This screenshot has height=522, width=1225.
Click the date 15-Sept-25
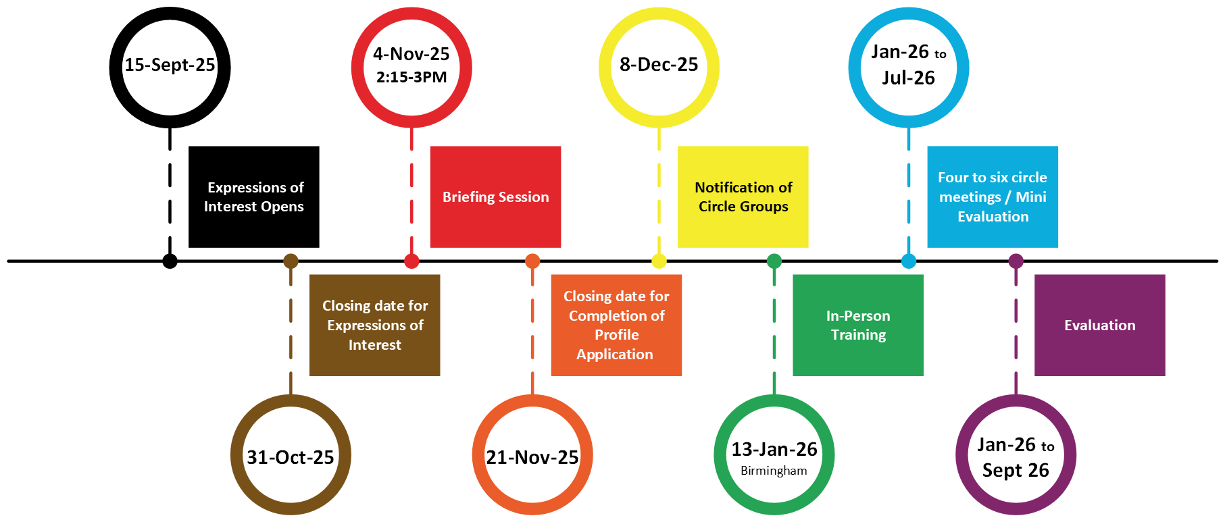(x=170, y=65)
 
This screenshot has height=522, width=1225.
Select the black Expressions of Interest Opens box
(x=253, y=197)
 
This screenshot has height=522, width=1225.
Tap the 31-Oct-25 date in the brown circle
(x=291, y=457)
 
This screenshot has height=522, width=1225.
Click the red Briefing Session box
(x=495, y=197)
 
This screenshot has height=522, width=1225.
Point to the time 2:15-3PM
(x=411, y=77)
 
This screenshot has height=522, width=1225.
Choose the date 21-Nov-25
(x=532, y=457)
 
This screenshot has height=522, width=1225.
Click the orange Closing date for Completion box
(x=616, y=325)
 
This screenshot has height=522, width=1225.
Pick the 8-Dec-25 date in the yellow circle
(x=659, y=64)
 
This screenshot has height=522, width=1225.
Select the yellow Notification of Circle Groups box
(x=743, y=197)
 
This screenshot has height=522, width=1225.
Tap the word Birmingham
(x=774, y=471)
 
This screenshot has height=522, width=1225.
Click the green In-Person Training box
(x=857, y=325)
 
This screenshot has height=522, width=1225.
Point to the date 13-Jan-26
(x=774, y=449)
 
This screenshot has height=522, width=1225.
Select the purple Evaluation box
(x=1099, y=325)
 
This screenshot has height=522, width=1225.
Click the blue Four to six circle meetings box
(x=992, y=197)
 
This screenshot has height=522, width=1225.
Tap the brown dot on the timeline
(x=291, y=261)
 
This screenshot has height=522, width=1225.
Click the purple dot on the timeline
(x=1016, y=261)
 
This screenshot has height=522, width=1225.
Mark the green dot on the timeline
(x=774, y=261)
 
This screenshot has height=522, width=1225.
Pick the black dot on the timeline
(x=170, y=261)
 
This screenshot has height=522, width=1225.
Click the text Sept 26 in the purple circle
(x=1016, y=470)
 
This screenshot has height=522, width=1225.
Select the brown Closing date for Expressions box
(x=374, y=325)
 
